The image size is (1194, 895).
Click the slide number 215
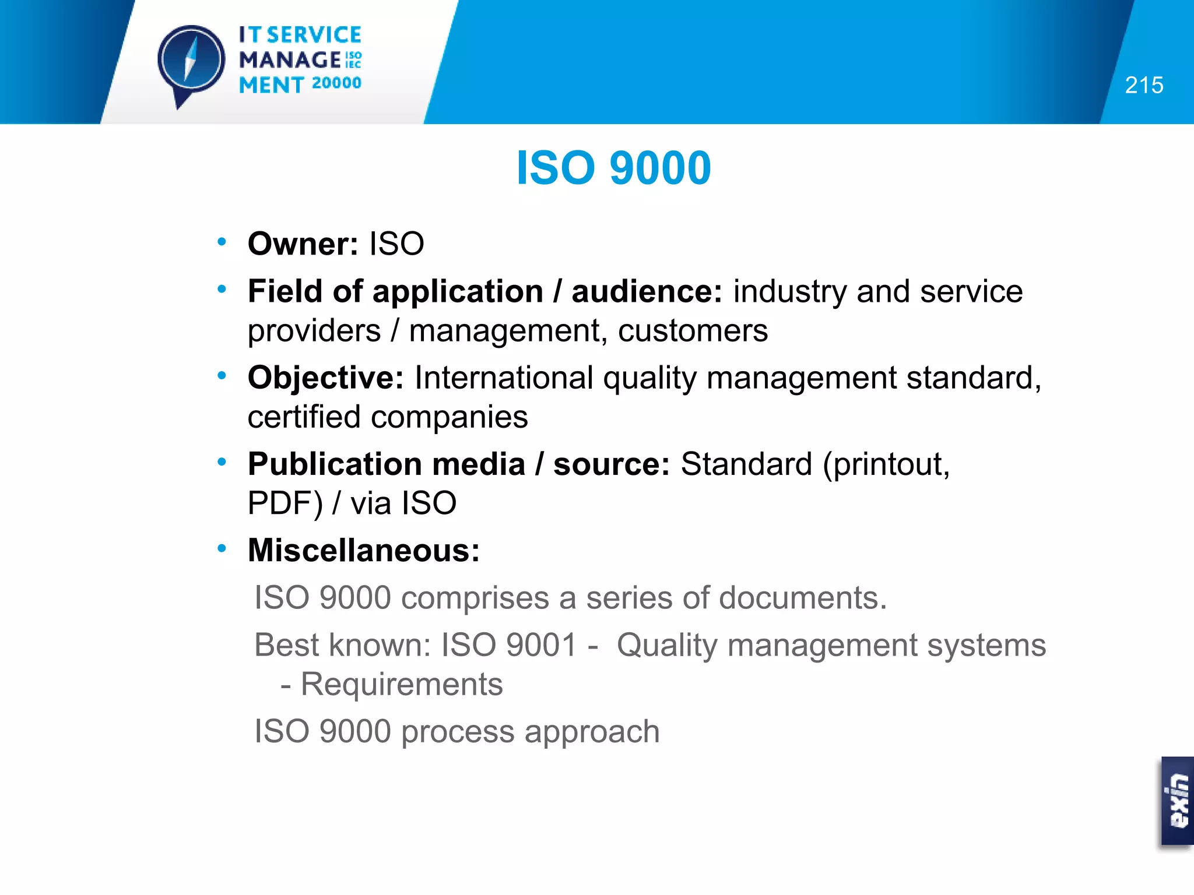pos(1144,86)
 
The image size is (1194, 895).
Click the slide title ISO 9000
pos(613,168)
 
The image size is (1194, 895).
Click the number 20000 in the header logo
pos(336,83)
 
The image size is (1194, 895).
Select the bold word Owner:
pos(303,244)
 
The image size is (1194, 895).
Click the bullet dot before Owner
pos(222,242)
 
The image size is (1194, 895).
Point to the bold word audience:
pos(647,291)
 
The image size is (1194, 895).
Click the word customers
pos(693,331)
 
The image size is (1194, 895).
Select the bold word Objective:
pos(325,378)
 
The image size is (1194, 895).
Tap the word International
pos(504,378)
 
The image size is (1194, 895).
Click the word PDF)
pos(285,503)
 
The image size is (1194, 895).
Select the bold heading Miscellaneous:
pos(364,550)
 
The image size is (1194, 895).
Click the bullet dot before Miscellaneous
pos(222,548)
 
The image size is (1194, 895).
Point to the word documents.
pos(802,598)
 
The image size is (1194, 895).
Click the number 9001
pos(541,645)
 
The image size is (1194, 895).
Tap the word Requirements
pos(401,684)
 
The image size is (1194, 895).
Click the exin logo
pos(1178,801)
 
